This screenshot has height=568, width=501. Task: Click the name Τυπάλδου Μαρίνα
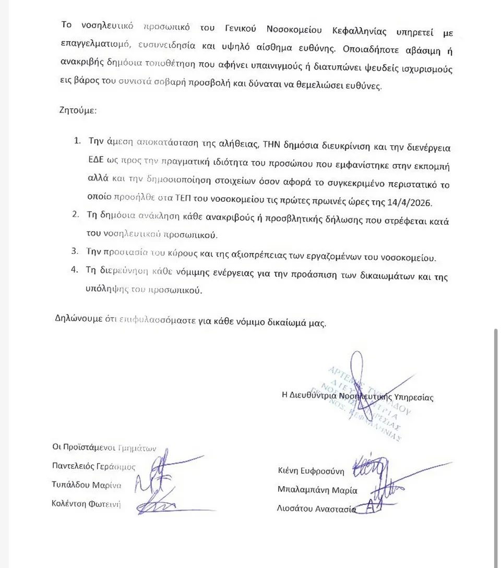(x=87, y=485)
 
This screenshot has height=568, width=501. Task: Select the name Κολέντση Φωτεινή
(x=86, y=504)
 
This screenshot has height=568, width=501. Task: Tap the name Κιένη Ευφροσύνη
(x=311, y=471)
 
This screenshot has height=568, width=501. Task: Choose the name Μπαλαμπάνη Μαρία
(x=317, y=490)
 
